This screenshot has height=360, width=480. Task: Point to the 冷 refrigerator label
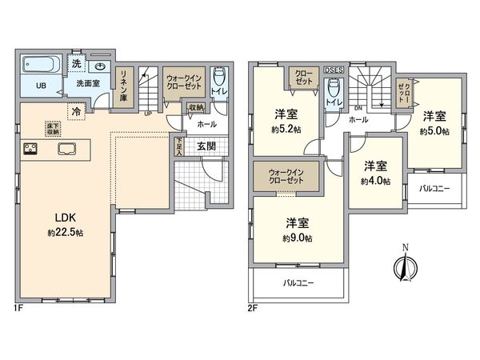click(76, 111)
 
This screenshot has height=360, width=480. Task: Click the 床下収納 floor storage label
click(52, 130)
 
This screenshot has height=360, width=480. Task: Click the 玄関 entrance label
click(206, 145)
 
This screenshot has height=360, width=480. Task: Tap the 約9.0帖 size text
click(297, 238)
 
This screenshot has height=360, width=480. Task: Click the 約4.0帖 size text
click(375, 182)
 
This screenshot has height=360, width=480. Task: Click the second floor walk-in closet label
click(285, 176)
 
